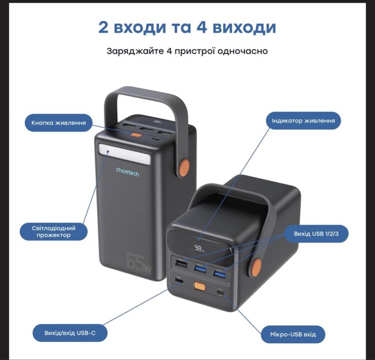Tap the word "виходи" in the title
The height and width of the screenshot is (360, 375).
pyautogui.click(x=246, y=27)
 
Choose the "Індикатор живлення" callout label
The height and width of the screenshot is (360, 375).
pyautogui.click(x=303, y=121)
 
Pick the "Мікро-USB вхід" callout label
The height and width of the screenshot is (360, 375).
pyautogui.click(x=293, y=334)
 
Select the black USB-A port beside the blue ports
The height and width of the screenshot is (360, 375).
pyautogui.click(x=181, y=264)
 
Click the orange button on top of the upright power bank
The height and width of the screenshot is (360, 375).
pyautogui.click(x=136, y=135)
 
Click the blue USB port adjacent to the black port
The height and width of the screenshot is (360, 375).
pyautogui.click(x=200, y=268)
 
